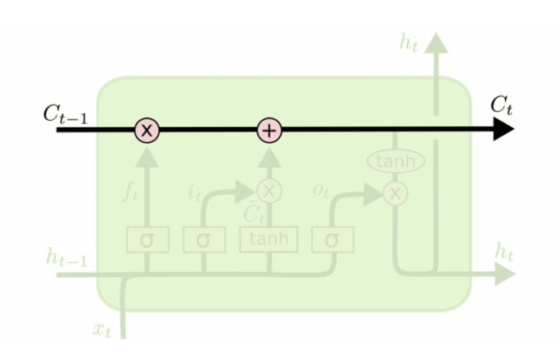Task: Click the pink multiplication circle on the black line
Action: click(147, 131)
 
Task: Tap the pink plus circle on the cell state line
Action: click(269, 131)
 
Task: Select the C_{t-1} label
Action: click(64, 114)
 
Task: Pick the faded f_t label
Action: click(130, 193)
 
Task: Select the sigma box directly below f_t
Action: click(147, 239)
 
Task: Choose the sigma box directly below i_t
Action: click(204, 239)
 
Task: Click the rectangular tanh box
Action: click(269, 239)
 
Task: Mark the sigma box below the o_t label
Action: click(333, 239)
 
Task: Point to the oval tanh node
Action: click(396, 161)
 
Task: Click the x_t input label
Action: click(102, 330)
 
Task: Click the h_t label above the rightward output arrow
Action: click(504, 252)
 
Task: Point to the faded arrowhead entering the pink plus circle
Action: click(269, 152)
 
